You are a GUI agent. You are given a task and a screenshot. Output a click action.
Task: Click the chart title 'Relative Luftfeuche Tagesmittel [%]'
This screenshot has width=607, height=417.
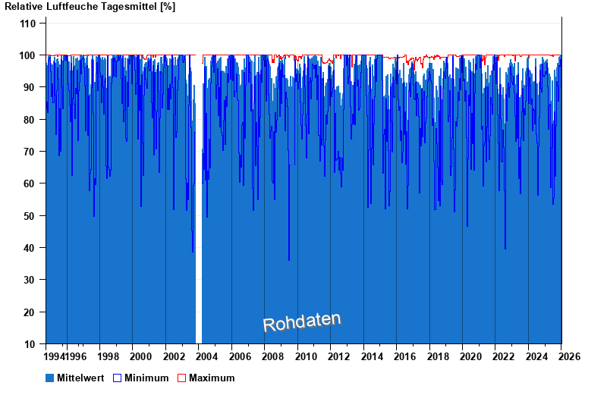pyautogui.click(x=90, y=7)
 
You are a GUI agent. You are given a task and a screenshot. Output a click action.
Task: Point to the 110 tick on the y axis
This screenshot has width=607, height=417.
pyautogui.click(x=28, y=24)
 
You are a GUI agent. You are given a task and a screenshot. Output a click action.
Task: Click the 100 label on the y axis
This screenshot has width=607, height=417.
pyautogui.click(x=28, y=55)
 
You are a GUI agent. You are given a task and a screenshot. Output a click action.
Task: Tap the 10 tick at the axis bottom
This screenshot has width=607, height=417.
pyautogui.click(x=31, y=344)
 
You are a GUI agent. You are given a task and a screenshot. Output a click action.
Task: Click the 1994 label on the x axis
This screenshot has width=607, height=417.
pyautogui.click(x=55, y=356)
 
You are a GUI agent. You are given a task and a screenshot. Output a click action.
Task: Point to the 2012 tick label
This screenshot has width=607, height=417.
pyautogui.click(x=338, y=356)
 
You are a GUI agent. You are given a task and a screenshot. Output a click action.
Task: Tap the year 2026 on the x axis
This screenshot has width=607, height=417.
pyautogui.click(x=570, y=356)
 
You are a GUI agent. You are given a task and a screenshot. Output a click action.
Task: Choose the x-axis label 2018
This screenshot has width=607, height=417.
pyautogui.click(x=438, y=356)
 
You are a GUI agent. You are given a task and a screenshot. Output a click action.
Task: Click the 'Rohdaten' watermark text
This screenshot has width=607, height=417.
pyautogui.click(x=302, y=321)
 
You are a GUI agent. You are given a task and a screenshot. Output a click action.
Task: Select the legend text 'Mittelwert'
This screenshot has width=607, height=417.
pyautogui.click(x=81, y=378)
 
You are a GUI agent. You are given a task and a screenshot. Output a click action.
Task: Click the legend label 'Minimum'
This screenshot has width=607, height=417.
pyautogui.click(x=146, y=378)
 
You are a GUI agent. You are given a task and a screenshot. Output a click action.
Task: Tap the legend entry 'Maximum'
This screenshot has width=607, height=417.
pyautogui.click(x=212, y=378)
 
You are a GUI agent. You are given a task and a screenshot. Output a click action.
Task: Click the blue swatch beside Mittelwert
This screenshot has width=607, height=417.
pyautogui.click(x=50, y=378)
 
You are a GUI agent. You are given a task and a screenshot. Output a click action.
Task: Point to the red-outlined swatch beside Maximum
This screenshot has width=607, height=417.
pyautogui.click(x=181, y=378)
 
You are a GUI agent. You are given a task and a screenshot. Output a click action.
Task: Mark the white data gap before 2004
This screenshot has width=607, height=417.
pyautogui.click(x=199, y=227)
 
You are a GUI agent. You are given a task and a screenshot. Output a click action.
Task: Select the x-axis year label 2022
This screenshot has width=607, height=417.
pyautogui.click(x=504, y=356)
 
